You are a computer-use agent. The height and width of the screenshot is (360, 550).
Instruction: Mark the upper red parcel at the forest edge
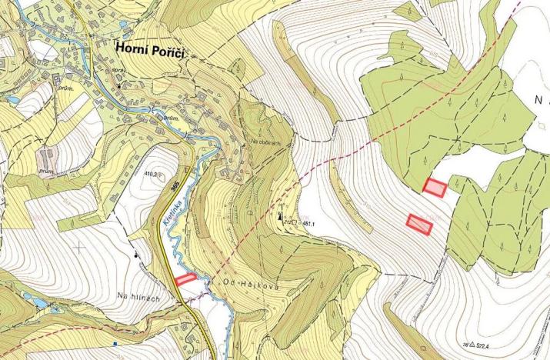click(435, 186)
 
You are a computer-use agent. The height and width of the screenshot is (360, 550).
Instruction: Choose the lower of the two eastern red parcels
click(420, 223)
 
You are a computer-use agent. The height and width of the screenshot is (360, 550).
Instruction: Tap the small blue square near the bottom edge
click(114, 344)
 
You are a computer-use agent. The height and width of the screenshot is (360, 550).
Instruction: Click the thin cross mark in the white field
click(80, 248)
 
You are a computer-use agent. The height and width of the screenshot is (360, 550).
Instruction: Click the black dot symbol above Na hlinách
click(136, 254)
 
